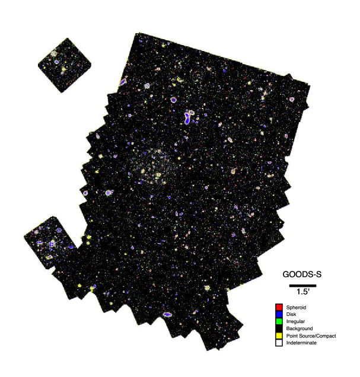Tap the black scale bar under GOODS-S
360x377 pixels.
pos(299,285)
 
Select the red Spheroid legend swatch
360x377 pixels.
pos(278,307)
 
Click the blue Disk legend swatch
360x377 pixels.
pos(278,314)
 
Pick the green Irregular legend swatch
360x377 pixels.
pos(278,321)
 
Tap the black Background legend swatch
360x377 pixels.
pos(278,328)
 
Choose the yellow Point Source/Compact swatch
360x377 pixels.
pos(278,336)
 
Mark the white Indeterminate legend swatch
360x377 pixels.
pos(278,343)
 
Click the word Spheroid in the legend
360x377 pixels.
pos(297,307)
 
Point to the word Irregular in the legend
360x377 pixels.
pos(296,321)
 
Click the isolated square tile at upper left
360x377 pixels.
pos(65,65)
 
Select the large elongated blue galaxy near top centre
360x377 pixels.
pos(189,116)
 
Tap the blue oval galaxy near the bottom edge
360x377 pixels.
pos(167,314)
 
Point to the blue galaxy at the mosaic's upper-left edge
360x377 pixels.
pos(123,82)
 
